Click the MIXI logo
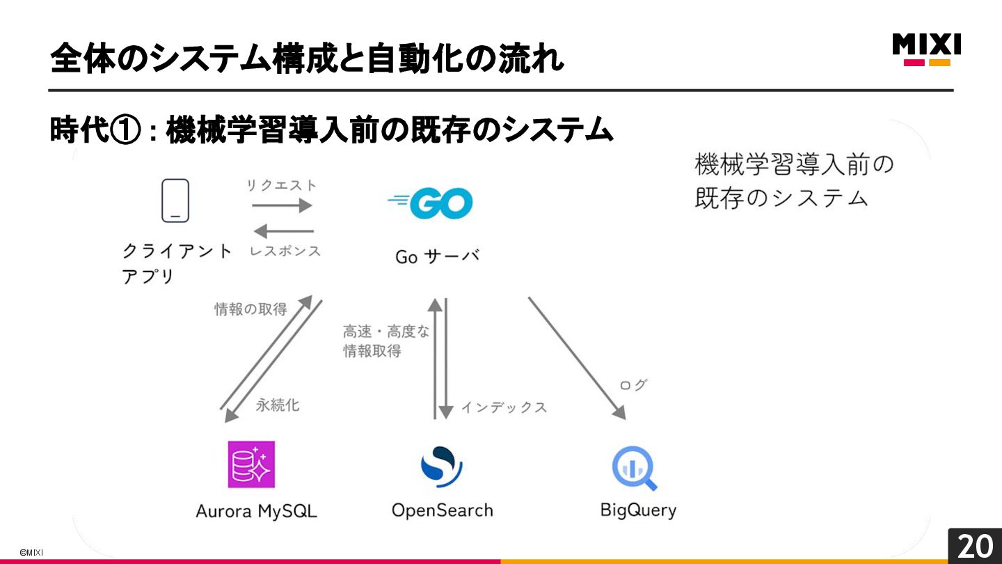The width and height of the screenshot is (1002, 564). tap(927, 49)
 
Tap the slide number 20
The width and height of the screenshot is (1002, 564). tap(975, 546)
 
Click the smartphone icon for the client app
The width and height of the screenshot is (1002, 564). tap(175, 201)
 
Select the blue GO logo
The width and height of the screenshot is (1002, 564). tap(431, 203)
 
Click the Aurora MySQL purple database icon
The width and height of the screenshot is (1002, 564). tap(251, 464)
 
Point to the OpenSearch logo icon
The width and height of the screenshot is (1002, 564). tap(441, 466)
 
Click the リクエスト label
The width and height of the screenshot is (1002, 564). tap(282, 185)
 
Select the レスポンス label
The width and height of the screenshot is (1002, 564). tap(285, 251)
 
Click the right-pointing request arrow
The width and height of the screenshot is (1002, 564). tap(282, 205)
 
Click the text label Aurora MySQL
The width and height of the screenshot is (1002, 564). tap(256, 511)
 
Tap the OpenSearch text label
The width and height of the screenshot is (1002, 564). tap(442, 510)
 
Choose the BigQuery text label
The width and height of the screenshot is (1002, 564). tap(638, 510)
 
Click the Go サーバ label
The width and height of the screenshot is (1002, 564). tap(437, 256)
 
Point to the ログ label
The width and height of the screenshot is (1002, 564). tap(633, 384)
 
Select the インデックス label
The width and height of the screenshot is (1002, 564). tap(504, 407)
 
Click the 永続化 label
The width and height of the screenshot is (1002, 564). tap(278, 405)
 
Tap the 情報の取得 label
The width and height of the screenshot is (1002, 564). tap(250, 308)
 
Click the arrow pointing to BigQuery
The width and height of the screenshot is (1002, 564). tap(577, 358)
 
